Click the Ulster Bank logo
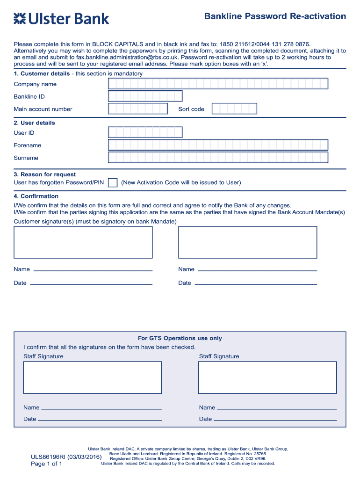[61, 19]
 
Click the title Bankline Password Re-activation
[275, 16]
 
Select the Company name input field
[218, 84]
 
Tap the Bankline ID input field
[145, 96]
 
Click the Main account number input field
[138, 109]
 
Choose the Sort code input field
[234, 109]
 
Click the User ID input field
[145, 133]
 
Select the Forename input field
[218, 145]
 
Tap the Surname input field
[218, 158]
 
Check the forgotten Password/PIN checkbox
[113, 182]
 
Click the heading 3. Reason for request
[45, 174]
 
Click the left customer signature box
[83, 242]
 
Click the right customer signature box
[247, 242]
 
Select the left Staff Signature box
[93, 377]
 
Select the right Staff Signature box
[267, 377]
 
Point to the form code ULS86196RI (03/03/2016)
[66, 456]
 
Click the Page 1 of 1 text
[46, 464]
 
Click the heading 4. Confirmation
[36, 196]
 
